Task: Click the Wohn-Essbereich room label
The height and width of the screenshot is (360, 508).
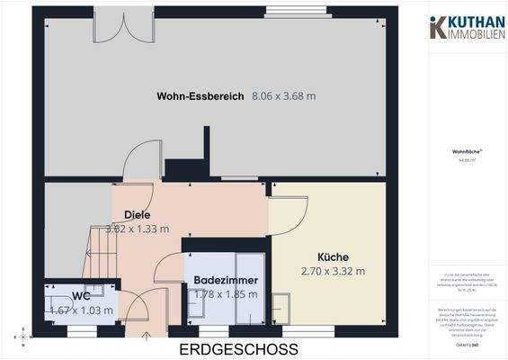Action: coord(201,95)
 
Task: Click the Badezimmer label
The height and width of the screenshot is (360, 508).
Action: coord(226,281)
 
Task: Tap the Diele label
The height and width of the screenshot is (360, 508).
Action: coord(137,214)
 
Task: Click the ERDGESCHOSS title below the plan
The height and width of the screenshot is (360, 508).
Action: coord(238,348)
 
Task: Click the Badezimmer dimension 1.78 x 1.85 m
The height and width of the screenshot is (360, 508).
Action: coord(226,294)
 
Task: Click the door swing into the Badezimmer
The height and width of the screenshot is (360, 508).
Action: coord(167,270)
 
